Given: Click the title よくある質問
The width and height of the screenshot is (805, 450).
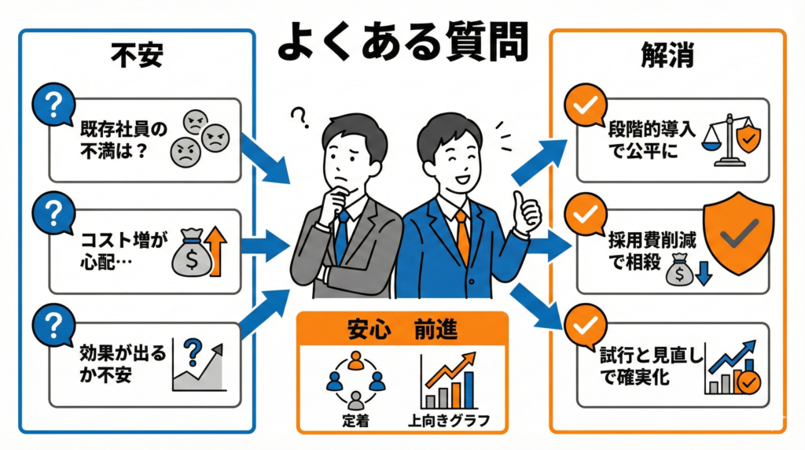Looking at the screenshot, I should point(402,42).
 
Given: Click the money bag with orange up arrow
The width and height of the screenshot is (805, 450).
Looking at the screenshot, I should point(202,251).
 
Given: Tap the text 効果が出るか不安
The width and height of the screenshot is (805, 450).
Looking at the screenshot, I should point(118,363).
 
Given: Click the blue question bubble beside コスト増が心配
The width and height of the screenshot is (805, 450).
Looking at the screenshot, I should point(50,213).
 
